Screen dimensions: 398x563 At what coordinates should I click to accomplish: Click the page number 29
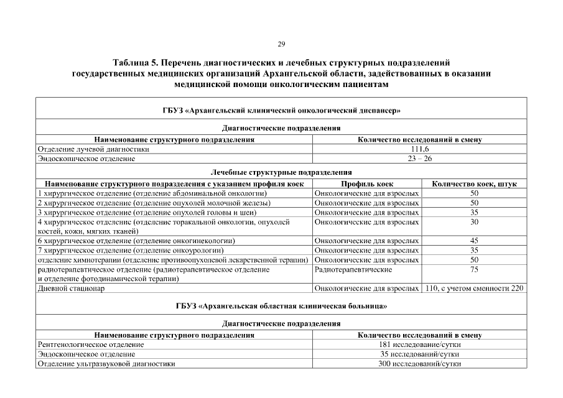pyautogui.click(x=281, y=44)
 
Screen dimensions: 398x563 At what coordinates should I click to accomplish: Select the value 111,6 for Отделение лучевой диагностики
pyautogui.click(x=420, y=149)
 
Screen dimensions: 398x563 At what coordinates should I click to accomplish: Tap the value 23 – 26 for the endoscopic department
pyautogui.click(x=420, y=159)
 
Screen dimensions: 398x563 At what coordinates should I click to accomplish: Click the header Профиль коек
pyautogui.click(x=367, y=184)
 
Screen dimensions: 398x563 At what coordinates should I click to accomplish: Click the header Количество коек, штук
pyautogui.click(x=474, y=184)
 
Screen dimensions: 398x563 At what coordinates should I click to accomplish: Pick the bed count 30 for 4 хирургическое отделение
pyautogui.click(x=474, y=222)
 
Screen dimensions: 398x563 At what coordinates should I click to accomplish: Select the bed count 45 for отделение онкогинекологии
pyautogui.click(x=474, y=241)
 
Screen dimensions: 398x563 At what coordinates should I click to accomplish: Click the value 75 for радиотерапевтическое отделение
pyautogui.click(x=474, y=270)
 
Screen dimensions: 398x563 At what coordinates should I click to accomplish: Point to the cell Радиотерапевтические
pyautogui.click(x=353, y=270)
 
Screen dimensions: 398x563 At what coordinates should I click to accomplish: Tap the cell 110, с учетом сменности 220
pyautogui.click(x=474, y=289)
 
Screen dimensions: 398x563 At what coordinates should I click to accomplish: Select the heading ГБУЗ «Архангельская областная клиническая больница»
pyautogui.click(x=281, y=307)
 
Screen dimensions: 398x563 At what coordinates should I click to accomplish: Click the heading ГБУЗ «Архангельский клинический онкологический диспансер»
pyautogui.click(x=281, y=111)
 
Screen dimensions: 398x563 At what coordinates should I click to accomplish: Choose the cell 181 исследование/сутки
pyautogui.click(x=420, y=345)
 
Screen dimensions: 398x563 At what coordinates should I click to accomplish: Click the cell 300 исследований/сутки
pyautogui.click(x=420, y=364)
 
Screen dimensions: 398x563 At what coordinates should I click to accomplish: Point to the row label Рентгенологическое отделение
pyautogui.click(x=91, y=345)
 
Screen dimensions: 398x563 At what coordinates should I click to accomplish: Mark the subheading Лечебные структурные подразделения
pyautogui.click(x=281, y=172)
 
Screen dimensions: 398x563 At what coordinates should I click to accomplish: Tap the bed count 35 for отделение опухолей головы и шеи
pyautogui.click(x=474, y=212)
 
